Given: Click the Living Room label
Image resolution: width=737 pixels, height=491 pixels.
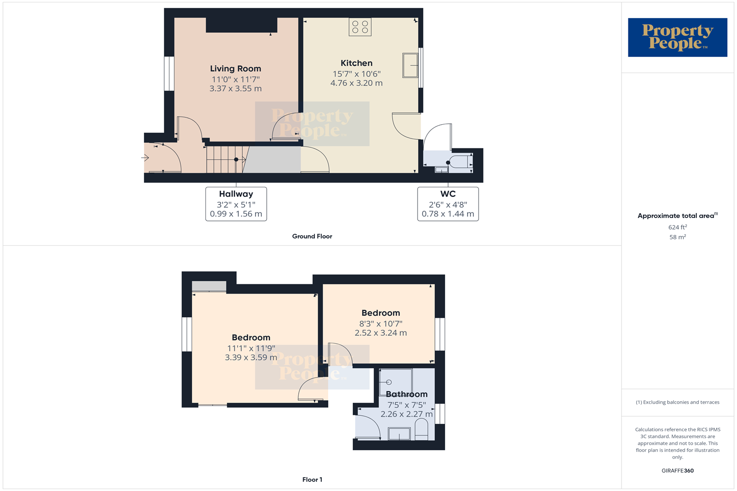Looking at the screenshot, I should [235, 69].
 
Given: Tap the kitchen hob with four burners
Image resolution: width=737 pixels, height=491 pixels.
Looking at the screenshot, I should [360, 27].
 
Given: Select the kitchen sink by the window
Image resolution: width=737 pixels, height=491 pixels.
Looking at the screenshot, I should [410, 65].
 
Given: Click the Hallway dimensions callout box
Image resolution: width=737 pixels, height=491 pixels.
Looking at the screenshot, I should [236, 204].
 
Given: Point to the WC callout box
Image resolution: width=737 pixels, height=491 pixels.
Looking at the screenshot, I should [448, 204].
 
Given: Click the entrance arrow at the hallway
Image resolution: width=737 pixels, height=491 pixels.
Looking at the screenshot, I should [145, 158].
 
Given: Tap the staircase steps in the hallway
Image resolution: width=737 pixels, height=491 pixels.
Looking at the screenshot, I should [224, 160].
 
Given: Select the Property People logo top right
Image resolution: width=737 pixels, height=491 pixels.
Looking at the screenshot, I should [677, 37].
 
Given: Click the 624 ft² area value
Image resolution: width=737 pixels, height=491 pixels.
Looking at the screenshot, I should [677, 227].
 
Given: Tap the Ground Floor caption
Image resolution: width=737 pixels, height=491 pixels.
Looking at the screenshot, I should [312, 236].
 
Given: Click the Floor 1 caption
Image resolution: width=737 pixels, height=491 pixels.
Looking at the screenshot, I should [312, 480].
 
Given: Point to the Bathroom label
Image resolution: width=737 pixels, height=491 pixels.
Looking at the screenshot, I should [406, 394].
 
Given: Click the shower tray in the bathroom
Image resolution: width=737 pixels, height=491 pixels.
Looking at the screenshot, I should [396, 382].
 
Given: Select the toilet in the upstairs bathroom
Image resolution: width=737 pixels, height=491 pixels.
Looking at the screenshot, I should [422, 430].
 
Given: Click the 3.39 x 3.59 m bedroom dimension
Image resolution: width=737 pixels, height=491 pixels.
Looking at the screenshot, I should [251, 357].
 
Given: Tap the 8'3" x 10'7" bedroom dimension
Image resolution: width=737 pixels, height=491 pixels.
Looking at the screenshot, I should [380, 324].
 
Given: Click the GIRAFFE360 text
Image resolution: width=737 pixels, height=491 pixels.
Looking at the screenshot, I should [677, 470].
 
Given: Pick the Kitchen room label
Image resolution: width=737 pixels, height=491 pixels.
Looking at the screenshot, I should [356, 63].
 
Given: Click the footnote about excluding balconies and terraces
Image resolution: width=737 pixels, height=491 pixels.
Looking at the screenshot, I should [677, 402].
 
